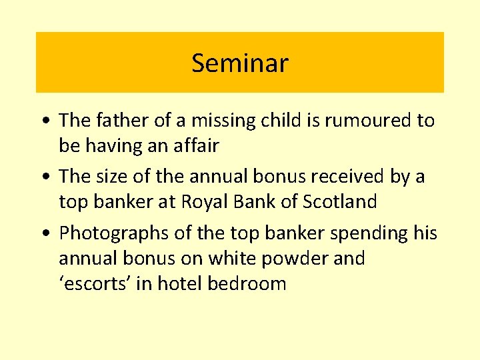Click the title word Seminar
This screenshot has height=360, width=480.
[239, 63]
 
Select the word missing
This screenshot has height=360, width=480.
[220, 121]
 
